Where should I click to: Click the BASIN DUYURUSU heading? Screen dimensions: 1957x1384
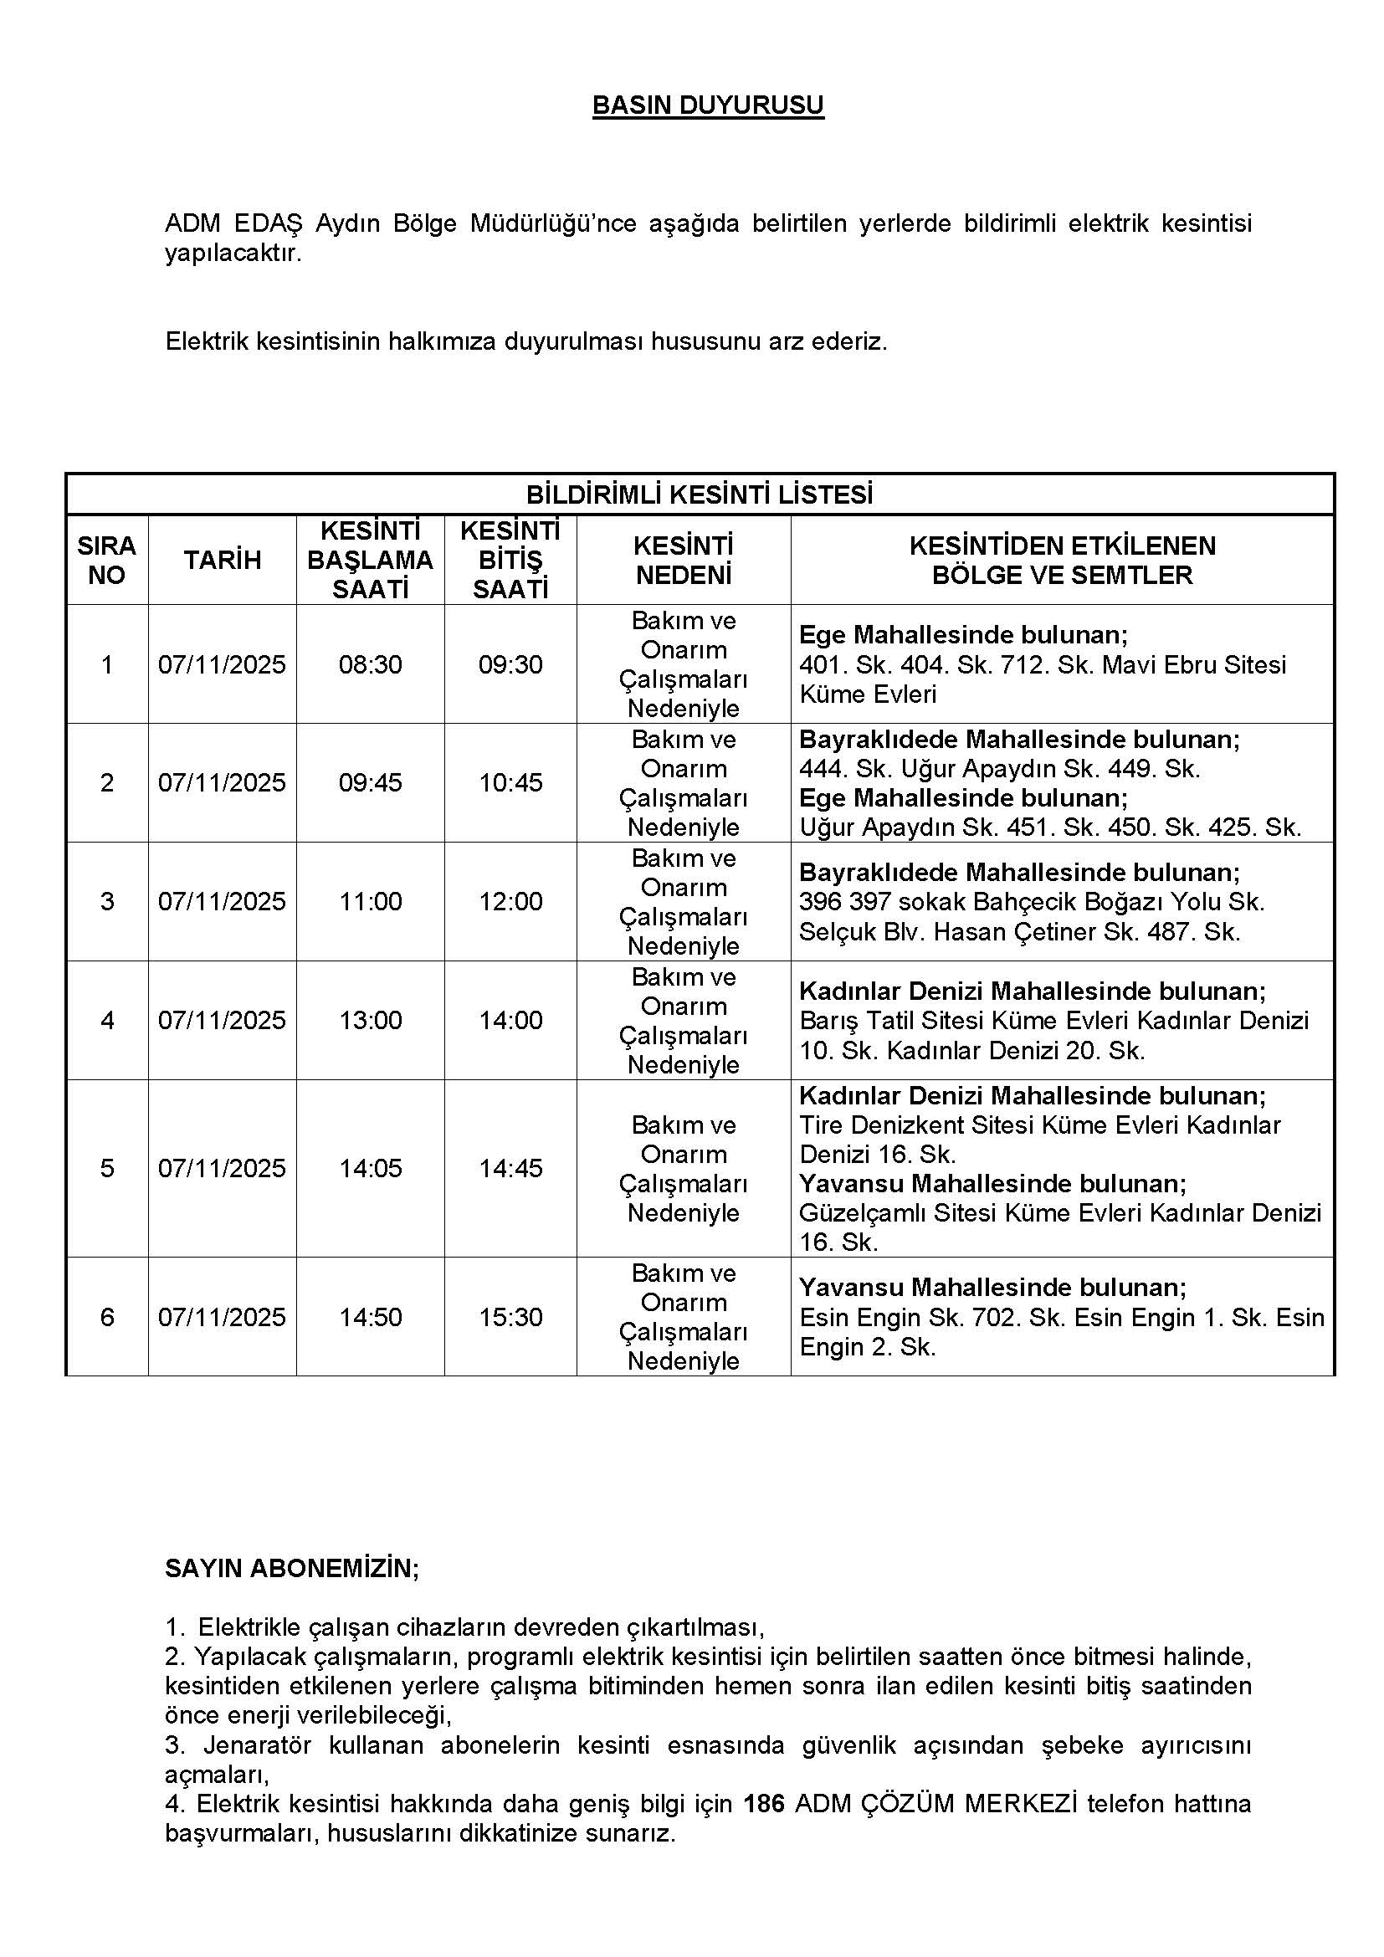coord(707,105)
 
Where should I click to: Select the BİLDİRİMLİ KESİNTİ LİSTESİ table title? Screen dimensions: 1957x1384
coord(699,495)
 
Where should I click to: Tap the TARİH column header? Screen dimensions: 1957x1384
coord(223,560)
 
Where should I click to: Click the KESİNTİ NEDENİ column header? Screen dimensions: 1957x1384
coord(684,560)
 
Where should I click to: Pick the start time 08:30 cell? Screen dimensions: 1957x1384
coord(370,664)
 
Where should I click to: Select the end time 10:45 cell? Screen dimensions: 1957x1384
coord(510,782)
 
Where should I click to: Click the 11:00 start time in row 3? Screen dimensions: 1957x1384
coord(370,901)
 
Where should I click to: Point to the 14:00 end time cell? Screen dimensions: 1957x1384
coord(510,1019)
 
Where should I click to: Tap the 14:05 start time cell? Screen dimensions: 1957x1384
coord(370,1168)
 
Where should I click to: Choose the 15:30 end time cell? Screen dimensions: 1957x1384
coord(510,1317)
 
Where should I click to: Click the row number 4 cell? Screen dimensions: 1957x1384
coord(106,1019)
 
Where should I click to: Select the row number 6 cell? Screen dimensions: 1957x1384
coord(106,1317)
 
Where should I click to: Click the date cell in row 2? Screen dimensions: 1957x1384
coord(223,782)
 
